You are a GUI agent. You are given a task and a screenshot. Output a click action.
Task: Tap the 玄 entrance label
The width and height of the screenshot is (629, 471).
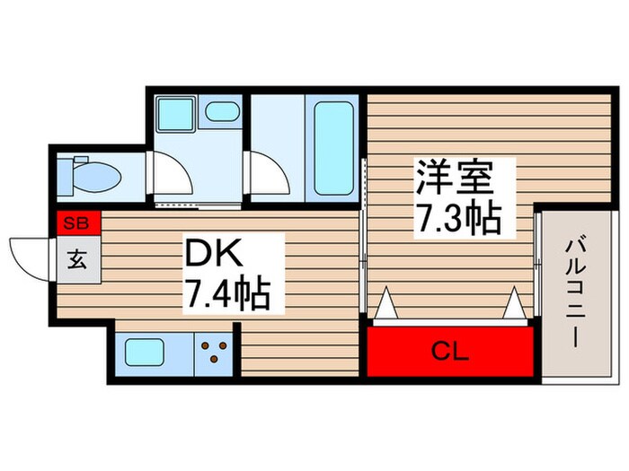77,260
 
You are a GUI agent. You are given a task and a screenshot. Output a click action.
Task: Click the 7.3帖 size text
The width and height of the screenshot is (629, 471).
456,218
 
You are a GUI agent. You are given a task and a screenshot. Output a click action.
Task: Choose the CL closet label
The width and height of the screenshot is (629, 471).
448,352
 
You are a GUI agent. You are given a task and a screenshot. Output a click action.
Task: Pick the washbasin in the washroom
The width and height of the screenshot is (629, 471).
219,114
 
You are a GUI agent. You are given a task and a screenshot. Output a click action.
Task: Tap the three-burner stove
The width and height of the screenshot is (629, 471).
216,353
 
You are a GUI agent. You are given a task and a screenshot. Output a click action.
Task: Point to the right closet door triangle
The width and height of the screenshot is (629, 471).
514,305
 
